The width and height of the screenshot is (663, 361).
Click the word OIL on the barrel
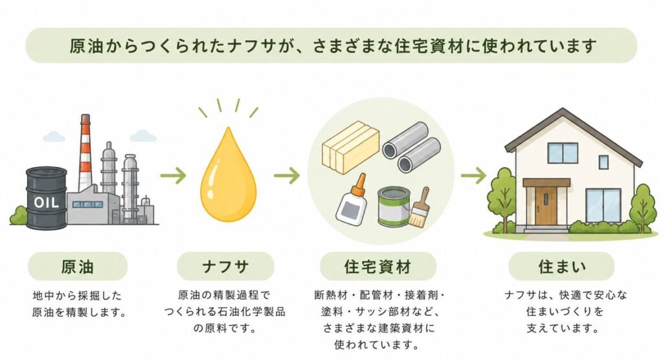(x=46, y=202)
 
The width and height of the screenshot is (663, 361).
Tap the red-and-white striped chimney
(x=85, y=152)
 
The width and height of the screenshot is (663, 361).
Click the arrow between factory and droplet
(x=173, y=175)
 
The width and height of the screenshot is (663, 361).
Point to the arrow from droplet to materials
(x=287, y=175)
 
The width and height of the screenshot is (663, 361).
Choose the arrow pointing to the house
(x=473, y=175)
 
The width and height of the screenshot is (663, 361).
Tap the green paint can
(x=394, y=207)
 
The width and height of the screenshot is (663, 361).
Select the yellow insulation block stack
(x=350, y=146)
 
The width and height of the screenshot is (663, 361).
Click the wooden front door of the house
(x=546, y=206)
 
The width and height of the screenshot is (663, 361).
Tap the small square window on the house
(x=603, y=162)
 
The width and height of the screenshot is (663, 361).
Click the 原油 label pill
(x=78, y=267)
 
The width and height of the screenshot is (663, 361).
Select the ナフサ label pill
(x=225, y=267)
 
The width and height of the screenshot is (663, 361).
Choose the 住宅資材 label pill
(x=377, y=267)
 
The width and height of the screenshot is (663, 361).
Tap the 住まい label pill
(x=561, y=267)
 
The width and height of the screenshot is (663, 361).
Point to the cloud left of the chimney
(x=54, y=137)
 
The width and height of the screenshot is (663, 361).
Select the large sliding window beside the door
(x=603, y=206)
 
